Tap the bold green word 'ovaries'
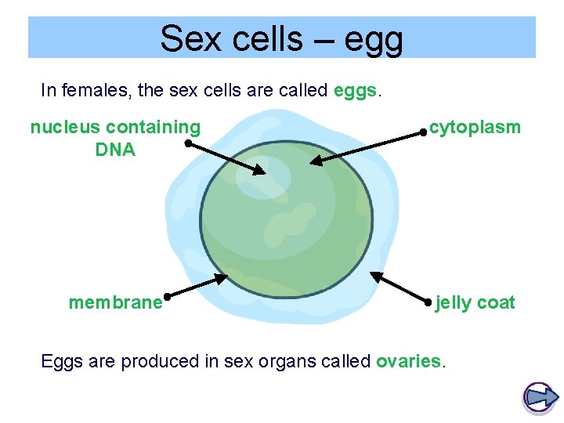(x=408, y=361)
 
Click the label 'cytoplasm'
(x=475, y=127)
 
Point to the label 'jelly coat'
(x=475, y=302)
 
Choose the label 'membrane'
(x=115, y=302)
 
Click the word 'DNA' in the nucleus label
(x=115, y=150)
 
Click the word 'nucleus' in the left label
(x=66, y=127)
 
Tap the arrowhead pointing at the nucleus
(x=260, y=171)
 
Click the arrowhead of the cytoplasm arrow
(x=316, y=161)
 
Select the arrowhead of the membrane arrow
(x=221, y=277)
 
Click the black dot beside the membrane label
(x=168, y=297)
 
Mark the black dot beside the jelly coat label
(x=426, y=301)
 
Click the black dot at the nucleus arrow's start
(x=188, y=143)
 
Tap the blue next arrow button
(x=539, y=397)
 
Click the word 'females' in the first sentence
(x=96, y=90)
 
